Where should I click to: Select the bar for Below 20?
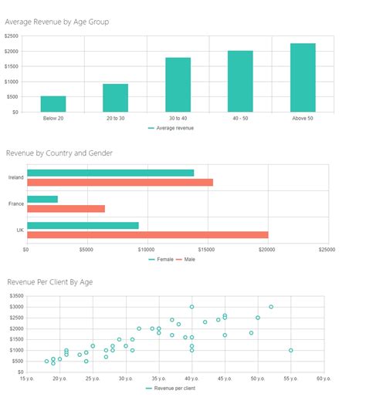coord(53,104)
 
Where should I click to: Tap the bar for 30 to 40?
coord(178,85)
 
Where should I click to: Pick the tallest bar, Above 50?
coord(303,78)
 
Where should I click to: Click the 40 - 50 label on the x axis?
coord(240,118)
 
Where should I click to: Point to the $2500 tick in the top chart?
coord(12,36)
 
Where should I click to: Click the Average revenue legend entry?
coord(174,128)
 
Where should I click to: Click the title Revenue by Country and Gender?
coord(59,153)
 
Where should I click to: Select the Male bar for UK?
coord(147,234)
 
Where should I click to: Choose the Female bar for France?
coord(42,199)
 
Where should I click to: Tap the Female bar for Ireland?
coord(110,173)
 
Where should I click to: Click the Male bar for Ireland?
coord(120,182)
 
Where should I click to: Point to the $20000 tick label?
coord(267,250)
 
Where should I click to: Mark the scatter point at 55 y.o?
coord(291,350)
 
